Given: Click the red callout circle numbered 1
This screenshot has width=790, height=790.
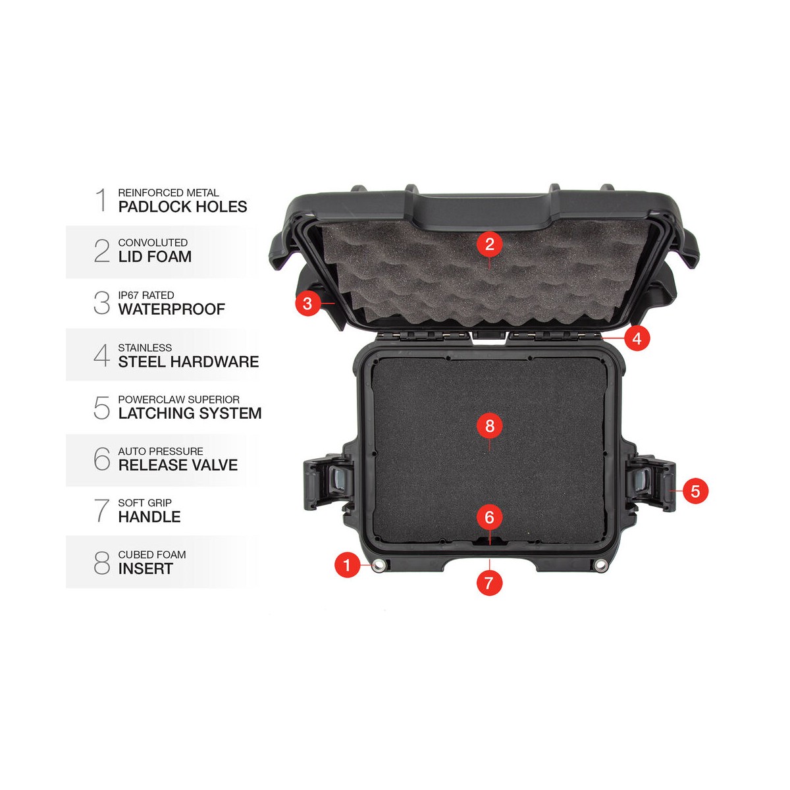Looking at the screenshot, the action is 347,564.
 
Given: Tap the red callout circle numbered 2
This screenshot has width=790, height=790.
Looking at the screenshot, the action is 490,244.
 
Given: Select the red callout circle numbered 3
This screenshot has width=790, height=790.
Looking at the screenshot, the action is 307,303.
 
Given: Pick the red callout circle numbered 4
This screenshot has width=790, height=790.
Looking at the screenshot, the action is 637,338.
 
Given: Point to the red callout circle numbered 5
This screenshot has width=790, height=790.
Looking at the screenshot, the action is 695,490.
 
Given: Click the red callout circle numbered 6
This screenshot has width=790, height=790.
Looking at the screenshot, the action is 490,517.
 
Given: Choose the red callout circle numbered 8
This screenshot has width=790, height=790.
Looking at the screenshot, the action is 490,426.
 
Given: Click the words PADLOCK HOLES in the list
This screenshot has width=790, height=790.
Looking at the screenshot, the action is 182,207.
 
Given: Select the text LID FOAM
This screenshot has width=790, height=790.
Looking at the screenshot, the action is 155,257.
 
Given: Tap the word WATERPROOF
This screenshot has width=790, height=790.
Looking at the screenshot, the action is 172,309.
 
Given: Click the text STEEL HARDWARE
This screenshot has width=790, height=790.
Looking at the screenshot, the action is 188,361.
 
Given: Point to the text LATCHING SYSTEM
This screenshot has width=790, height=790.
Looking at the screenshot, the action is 190,413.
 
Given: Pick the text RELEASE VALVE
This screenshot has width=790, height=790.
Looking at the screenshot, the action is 178,465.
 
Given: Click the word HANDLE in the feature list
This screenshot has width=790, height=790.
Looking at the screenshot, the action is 149,517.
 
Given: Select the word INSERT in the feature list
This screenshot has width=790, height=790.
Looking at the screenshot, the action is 145,569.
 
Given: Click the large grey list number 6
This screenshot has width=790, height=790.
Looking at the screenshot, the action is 101,458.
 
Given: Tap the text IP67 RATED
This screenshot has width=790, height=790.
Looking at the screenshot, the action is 146,295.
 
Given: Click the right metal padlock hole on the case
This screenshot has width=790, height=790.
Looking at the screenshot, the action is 600,565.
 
